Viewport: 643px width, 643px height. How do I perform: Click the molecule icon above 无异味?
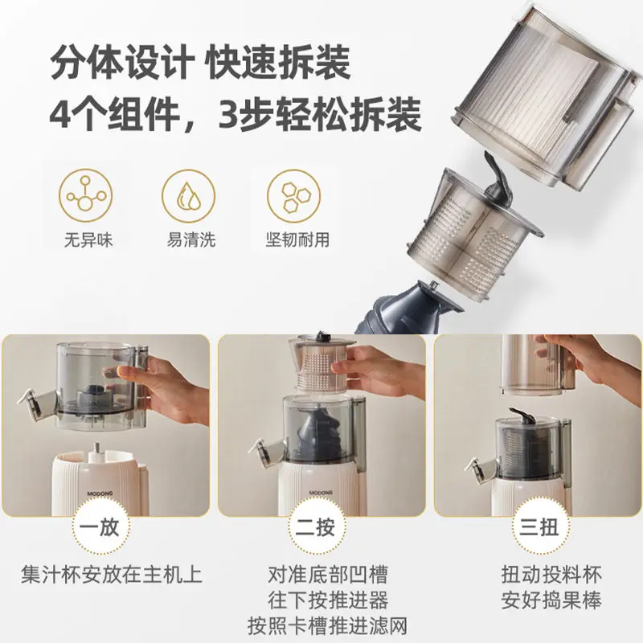(x=85, y=196)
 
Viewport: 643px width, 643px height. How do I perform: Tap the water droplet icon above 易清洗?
(x=189, y=196)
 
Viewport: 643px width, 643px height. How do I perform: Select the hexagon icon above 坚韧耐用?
(x=294, y=196)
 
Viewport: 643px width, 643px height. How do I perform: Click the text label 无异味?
(x=85, y=240)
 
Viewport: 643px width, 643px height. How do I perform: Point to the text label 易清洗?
(x=189, y=240)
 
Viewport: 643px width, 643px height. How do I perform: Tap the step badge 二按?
(x=321, y=528)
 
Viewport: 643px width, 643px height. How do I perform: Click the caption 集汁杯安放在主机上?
(x=111, y=575)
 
